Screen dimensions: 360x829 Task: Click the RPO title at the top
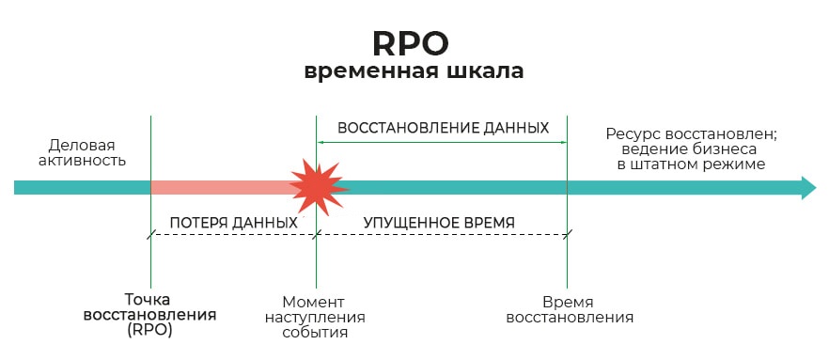pyautogui.click(x=410, y=42)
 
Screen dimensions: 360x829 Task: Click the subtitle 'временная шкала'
pyautogui.click(x=414, y=72)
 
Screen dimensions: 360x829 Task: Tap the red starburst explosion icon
pyautogui.click(x=317, y=186)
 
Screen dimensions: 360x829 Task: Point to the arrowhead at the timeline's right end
pyautogui.click(x=807, y=187)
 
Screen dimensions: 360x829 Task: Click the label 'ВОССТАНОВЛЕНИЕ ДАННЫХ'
pyautogui.click(x=443, y=128)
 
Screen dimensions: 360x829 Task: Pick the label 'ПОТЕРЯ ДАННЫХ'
pyautogui.click(x=233, y=223)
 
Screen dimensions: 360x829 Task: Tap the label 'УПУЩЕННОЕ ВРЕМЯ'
pyautogui.click(x=440, y=223)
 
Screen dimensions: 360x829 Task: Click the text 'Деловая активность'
pyautogui.click(x=82, y=152)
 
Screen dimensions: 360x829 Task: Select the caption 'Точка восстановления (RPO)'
pyautogui.click(x=149, y=316)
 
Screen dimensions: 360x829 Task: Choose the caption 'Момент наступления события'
pyautogui.click(x=316, y=317)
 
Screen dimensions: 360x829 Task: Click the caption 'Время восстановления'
pyautogui.click(x=569, y=309)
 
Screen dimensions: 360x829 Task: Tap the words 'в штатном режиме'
pyautogui.click(x=691, y=164)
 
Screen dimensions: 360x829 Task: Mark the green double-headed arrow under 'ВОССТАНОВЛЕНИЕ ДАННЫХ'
pyautogui.click(x=442, y=142)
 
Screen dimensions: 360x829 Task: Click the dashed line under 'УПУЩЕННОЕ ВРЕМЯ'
pyautogui.click(x=442, y=235)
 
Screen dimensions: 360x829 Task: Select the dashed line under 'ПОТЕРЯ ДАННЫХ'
pyautogui.click(x=233, y=235)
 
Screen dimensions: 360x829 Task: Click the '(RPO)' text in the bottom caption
pyautogui.click(x=149, y=332)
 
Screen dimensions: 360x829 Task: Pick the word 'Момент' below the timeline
pyautogui.click(x=316, y=302)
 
